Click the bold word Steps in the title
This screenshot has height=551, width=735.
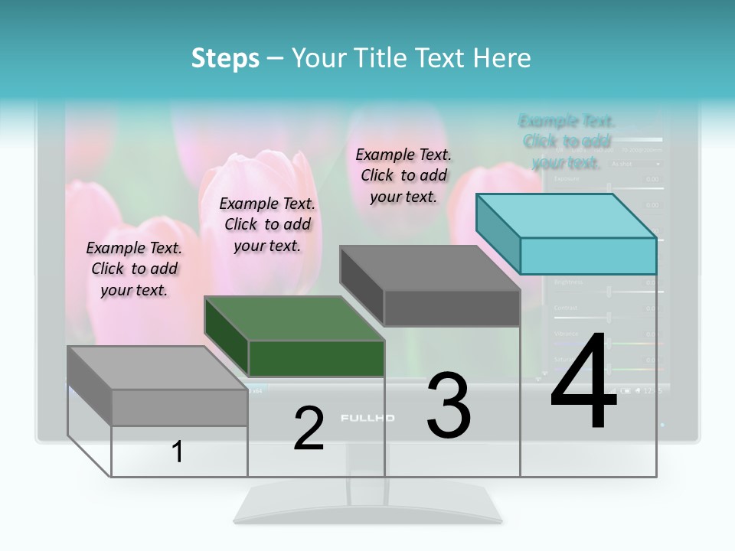tap(225, 58)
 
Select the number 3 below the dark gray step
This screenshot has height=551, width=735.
tap(449, 406)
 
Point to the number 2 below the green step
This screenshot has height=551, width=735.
tap(309, 429)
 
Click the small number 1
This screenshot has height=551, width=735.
tap(177, 452)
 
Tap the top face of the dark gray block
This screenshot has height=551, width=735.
tap(430, 268)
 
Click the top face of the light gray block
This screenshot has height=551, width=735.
tap(158, 368)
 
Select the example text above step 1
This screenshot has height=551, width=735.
tap(134, 269)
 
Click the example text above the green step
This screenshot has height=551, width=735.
tap(267, 224)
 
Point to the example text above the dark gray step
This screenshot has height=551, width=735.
tap(403, 175)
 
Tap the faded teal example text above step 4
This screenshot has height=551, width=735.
tap(567, 142)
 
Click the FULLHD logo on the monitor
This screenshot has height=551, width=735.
tap(367, 418)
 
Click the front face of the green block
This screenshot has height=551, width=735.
tap(316, 358)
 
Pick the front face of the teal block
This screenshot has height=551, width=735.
tap(588, 256)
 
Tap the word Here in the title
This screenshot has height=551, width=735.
tap(502, 58)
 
